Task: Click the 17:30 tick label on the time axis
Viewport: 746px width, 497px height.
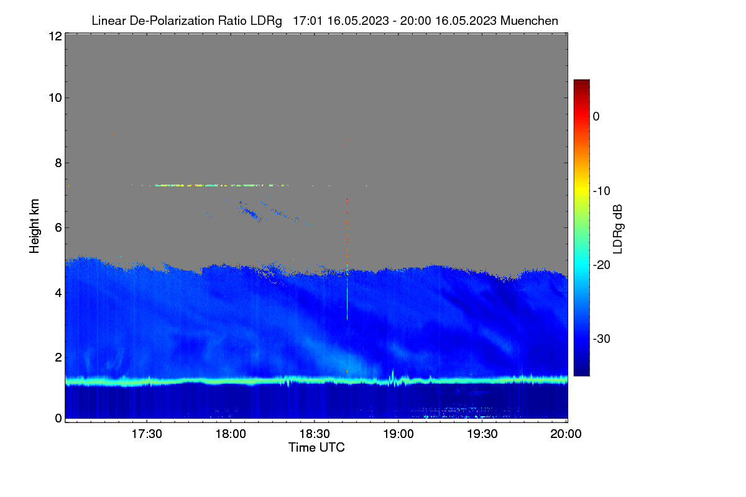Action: [x=147, y=434]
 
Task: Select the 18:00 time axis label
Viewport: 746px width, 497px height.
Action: [x=231, y=434]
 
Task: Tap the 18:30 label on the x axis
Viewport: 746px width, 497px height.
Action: [x=315, y=434]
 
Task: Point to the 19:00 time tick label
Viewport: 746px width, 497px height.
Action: [x=398, y=434]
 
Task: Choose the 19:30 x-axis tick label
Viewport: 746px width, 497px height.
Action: [x=482, y=434]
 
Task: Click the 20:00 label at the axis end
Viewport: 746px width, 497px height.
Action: [x=566, y=434]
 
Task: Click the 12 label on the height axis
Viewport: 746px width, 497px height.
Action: [x=55, y=36]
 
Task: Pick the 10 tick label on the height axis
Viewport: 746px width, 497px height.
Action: [x=55, y=98]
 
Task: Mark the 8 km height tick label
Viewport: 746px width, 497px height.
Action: [x=58, y=163]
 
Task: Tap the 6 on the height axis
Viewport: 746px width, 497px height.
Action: [x=58, y=228]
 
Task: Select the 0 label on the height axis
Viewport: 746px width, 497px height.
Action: [x=58, y=419]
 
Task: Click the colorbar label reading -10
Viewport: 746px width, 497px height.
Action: [x=602, y=191]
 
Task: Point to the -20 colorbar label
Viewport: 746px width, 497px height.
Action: [x=602, y=265]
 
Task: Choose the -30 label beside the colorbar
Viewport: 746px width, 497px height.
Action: [x=602, y=339]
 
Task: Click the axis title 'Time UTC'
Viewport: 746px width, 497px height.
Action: [x=316, y=447]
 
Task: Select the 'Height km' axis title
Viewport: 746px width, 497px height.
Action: [x=34, y=226]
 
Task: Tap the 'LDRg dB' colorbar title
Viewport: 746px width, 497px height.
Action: [x=617, y=229]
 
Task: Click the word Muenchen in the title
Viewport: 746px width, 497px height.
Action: [x=529, y=21]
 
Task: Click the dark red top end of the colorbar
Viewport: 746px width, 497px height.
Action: [x=581, y=81]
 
